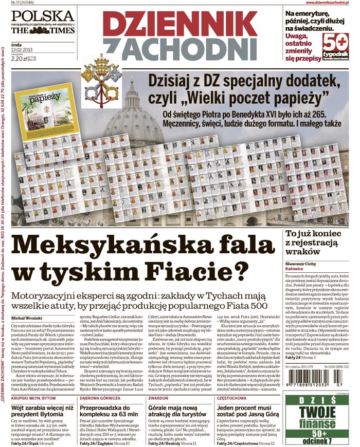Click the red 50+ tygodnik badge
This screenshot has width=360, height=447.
point(336,47)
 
